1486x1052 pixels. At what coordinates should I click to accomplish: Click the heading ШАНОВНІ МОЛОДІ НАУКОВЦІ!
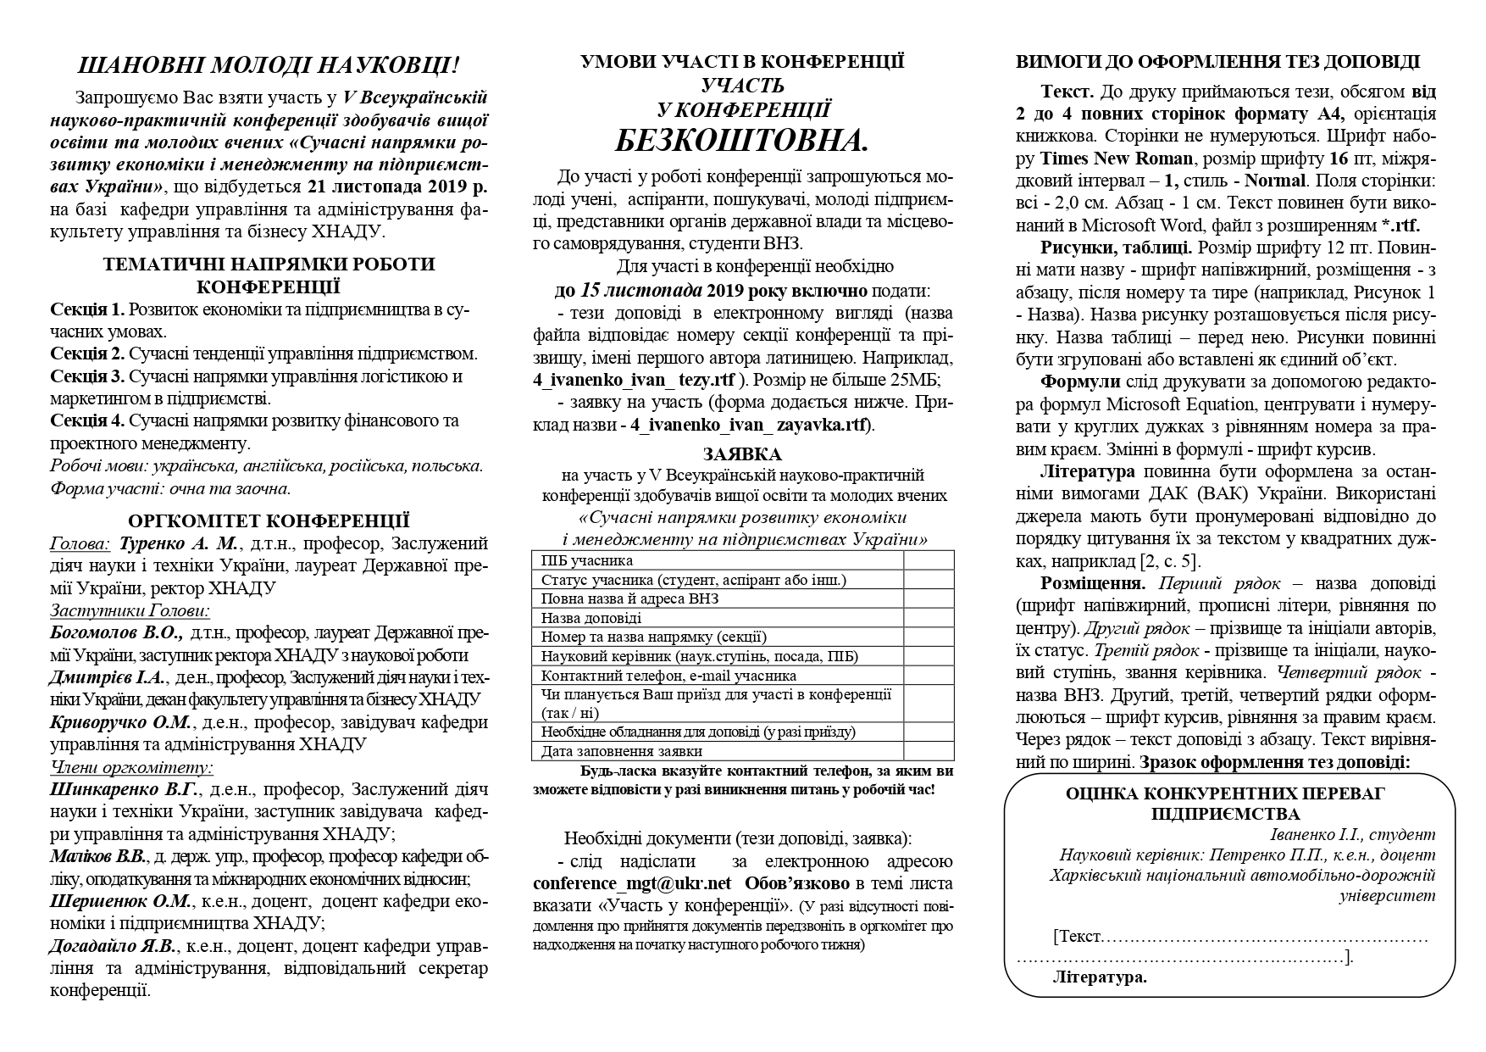[269, 67]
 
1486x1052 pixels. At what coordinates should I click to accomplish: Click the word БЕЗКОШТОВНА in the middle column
[741, 139]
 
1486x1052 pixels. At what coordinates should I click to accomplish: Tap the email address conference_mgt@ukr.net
[631, 883]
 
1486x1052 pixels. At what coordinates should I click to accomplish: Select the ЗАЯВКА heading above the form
[742, 454]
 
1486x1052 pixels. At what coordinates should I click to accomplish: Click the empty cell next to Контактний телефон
[928, 676]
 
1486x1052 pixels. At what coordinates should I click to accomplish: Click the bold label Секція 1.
[87, 309]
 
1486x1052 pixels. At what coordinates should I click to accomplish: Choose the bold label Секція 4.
[87, 421]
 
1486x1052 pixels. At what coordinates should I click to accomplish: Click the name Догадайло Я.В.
[113, 946]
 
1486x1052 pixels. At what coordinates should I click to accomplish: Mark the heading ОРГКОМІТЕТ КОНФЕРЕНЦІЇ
[269, 521]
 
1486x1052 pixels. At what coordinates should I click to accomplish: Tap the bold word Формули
[1080, 381]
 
